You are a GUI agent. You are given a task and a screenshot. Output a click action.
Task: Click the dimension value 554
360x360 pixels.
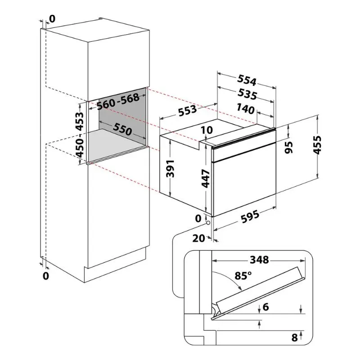click(x=247, y=81)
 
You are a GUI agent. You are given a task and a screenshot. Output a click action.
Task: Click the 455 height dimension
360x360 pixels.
click(x=318, y=145)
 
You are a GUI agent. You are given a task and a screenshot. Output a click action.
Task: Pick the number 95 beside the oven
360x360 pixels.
click(x=289, y=147)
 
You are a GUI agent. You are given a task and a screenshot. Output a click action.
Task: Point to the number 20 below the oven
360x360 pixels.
click(x=198, y=238)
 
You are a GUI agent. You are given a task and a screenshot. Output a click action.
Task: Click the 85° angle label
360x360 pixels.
click(x=243, y=275)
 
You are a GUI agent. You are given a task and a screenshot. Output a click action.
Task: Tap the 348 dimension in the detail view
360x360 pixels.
click(x=259, y=260)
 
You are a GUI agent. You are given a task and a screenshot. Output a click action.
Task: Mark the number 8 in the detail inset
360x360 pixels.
click(x=294, y=337)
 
